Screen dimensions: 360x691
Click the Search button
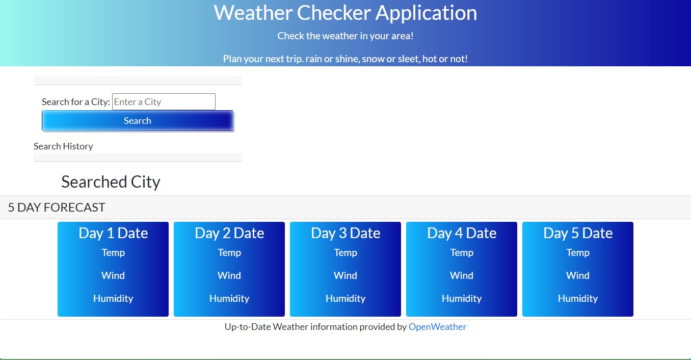(138, 121)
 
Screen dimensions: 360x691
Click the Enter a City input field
(164, 102)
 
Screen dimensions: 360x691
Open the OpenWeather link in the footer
(437, 327)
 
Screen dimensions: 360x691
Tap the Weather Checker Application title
(345, 13)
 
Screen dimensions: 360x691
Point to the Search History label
(63, 146)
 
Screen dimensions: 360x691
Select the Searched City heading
(111, 182)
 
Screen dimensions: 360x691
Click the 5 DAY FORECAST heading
(57, 208)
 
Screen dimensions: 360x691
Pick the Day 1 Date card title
(113, 233)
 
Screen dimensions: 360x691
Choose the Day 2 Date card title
(229, 233)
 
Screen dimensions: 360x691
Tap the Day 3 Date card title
(345, 233)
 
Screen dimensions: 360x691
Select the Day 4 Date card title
(462, 233)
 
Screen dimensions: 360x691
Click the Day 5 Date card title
(578, 233)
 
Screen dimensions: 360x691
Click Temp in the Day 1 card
(113, 253)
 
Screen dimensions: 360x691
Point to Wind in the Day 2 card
(229, 276)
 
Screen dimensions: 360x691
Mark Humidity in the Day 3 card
(345, 299)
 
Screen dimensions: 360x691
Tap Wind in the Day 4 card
(462, 276)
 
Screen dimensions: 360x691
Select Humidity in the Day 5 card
(578, 299)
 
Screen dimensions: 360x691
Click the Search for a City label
(76, 102)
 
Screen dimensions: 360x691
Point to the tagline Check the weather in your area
(345, 36)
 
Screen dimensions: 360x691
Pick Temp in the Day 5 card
(578, 253)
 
